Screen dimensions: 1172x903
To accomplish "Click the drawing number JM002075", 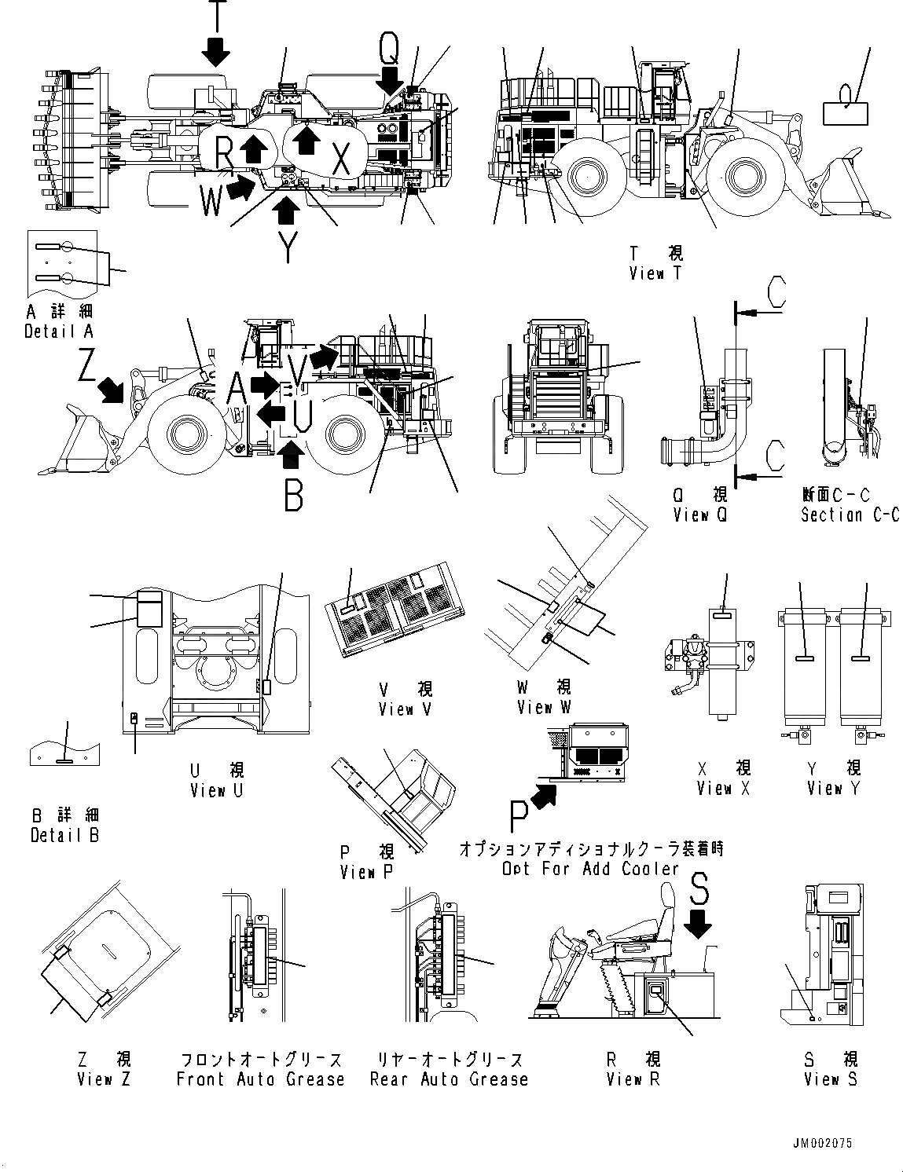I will [x=822, y=1144].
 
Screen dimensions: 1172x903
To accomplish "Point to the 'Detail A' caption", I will [x=59, y=331].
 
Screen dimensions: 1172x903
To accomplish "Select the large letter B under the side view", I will [x=293, y=496].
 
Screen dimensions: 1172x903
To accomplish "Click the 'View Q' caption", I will [x=701, y=515].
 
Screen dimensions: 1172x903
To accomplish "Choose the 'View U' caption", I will [x=217, y=790].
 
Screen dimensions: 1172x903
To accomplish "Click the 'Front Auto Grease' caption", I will [x=260, y=1079].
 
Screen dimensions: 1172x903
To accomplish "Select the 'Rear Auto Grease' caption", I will [x=449, y=1079].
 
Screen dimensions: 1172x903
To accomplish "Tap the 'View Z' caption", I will [x=105, y=1079].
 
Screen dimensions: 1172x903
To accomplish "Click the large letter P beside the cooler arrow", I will [x=519, y=818].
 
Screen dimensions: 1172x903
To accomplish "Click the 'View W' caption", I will [x=544, y=707].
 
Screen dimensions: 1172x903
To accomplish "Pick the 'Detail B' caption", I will [x=64, y=835].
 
